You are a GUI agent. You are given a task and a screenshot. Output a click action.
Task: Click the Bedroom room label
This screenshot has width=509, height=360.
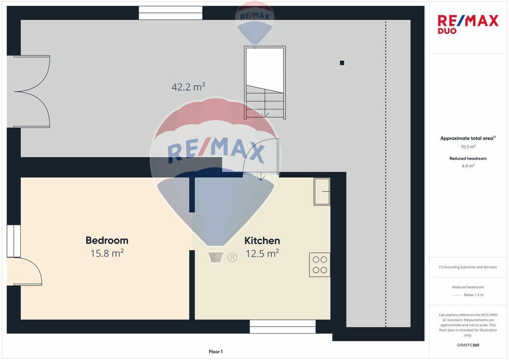pyautogui.click(x=107, y=240)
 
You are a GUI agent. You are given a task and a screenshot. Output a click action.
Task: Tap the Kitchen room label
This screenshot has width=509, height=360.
pyautogui.click(x=262, y=241)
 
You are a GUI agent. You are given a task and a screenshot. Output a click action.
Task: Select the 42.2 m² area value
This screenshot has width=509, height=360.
pyautogui.click(x=188, y=87)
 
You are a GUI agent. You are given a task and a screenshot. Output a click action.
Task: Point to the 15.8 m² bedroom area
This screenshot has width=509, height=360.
pyautogui.click(x=107, y=253)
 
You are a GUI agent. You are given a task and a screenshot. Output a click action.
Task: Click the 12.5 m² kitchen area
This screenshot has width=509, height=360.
pyautogui.click(x=262, y=253)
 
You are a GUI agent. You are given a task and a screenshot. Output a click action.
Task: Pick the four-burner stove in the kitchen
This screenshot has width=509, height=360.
pyautogui.click(x=320, y=265)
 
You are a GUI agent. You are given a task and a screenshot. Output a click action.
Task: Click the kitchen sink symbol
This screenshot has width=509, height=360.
pyautogui.click(x=322, y=191)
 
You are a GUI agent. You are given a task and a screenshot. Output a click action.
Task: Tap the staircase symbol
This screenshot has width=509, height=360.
pyautogui.click(x=265, y=83)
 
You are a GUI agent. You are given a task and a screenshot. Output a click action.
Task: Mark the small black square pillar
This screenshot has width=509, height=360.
pyautogui.click(x=342, y=63)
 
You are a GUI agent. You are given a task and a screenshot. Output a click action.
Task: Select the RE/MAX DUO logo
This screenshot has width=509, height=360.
pyautogui.click(x=468, y=24)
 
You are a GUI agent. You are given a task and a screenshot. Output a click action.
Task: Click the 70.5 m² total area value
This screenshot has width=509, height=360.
pyautogui.click(x=468, y=147)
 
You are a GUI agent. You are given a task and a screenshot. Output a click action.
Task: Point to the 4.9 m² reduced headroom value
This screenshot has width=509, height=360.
pyautogui.click(x=468, y=166)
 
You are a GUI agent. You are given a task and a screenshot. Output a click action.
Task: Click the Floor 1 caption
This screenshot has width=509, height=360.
pyautogui.click(x=216, y=352)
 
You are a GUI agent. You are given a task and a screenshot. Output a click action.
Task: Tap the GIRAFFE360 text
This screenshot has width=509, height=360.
pyautogui.click(x=468, y=345)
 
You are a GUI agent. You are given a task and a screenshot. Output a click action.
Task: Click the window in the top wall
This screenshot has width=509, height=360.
pyautogui.click(x=171, y=13)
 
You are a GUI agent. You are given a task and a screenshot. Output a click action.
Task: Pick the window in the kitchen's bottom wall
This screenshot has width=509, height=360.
pyautogui.click(x=282, y=327)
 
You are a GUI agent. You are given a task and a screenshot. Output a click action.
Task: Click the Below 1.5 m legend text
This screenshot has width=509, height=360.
pyautogui.click(x=474, y=295)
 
